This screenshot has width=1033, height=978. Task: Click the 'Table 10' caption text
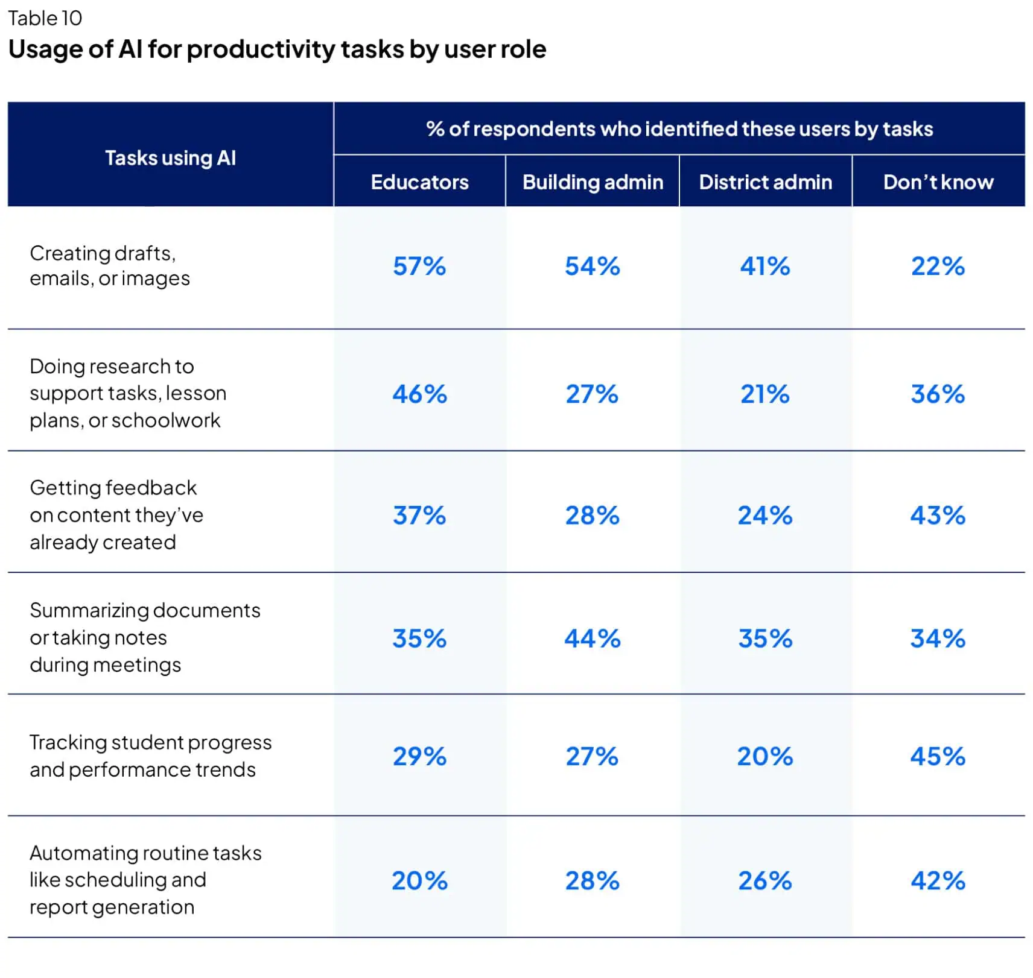pos(45,18)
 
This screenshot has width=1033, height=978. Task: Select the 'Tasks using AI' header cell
pos(170,158)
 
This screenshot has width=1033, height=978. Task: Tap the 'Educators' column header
pos(419,182)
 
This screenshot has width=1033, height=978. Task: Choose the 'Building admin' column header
pos(593,182)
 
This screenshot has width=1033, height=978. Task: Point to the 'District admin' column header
pos(765,182)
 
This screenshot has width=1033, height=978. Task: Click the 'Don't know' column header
pos(938,182)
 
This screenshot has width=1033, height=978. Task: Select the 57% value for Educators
pos(419,266)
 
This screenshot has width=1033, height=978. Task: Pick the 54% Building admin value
pos(592,266)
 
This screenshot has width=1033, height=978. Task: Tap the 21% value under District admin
pos(764,394)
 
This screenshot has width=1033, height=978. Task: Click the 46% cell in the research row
pos(419,394)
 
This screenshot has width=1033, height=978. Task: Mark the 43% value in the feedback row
pos(938,515)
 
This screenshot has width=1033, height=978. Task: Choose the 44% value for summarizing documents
pos(592,638)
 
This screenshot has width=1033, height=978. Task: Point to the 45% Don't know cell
pos(938,756)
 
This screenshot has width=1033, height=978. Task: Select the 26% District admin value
pos(764,880)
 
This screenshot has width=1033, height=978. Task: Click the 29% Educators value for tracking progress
pos(419,756)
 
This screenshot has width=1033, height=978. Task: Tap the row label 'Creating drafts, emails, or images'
pos(109,266)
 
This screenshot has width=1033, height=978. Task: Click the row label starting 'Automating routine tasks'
pos(145,879)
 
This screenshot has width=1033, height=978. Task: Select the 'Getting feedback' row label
pos(116,514)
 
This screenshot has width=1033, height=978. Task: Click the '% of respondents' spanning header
pos(679,128)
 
